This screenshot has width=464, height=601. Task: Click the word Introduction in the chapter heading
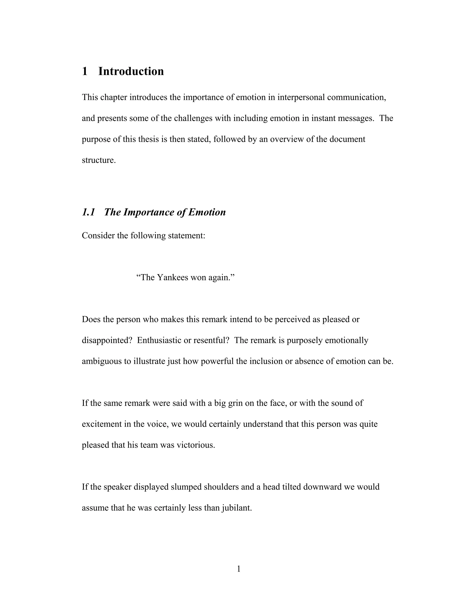click(x=131, y=71)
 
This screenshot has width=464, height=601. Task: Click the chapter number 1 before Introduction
click(x=85, y=71)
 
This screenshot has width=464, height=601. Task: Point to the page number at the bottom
click(x=239, y=569)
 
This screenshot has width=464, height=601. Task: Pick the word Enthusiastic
click(x=159, y=340)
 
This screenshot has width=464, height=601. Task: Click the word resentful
click(x=211, y=340)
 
